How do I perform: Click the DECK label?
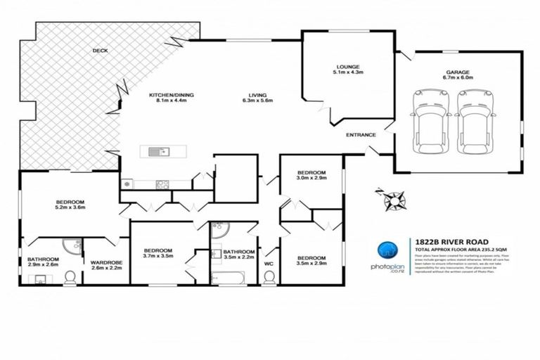tap(99, 50)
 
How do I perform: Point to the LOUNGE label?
tap(347, 64)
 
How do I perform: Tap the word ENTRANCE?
tap(360, 135)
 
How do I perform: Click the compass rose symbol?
tap(392, 200)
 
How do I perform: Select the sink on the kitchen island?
tap(157, 150)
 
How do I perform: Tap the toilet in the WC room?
tap(268, 278)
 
